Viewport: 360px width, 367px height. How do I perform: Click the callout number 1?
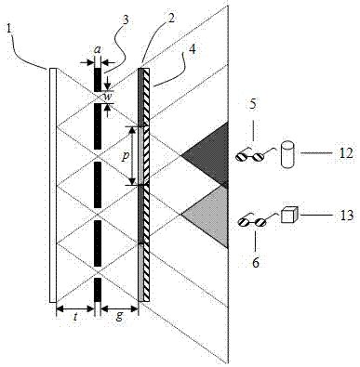9,29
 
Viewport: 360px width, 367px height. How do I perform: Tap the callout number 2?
171,19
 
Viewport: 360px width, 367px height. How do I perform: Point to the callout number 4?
193,49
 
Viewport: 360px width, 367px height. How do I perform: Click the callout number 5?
253,104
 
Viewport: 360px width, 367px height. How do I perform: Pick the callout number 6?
256,262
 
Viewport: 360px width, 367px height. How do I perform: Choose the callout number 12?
344,153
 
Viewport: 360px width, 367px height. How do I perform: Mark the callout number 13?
344,215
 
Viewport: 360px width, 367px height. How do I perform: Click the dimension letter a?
98,50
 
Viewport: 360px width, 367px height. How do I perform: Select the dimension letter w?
107,96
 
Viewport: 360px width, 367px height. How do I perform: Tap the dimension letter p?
125,157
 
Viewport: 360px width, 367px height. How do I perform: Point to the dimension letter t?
76,317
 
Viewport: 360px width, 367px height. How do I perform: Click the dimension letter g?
119,317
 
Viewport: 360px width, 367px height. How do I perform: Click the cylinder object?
287,154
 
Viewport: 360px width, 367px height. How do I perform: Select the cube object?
289,215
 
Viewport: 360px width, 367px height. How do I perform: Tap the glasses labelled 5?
250,155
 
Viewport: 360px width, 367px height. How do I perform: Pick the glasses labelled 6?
252,220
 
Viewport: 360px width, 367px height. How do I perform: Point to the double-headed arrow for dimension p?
133,156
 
